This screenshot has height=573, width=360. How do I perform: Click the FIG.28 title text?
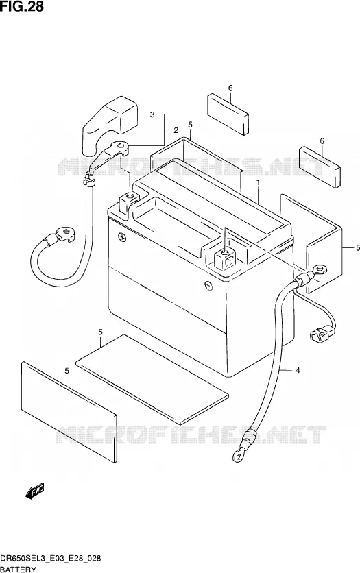[x=22, y=6]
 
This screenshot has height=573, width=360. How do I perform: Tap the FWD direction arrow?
[x=35, y=491]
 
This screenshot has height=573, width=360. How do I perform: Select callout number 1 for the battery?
[x=258, y=182]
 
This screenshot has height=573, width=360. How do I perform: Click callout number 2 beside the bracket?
[x=176, y=130]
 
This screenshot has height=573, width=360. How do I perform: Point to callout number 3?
[x=152, y=114]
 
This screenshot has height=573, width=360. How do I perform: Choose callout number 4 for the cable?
[x=298, y=371]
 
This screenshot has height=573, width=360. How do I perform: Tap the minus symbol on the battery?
[x=207, y=284]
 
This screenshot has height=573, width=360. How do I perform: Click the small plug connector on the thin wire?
[x=322, y=333]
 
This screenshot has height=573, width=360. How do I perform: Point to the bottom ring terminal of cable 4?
[x=237, y=454]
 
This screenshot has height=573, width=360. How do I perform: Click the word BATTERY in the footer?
[x=18, y=569]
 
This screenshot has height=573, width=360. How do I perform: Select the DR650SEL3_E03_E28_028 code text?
[x=51, y=559]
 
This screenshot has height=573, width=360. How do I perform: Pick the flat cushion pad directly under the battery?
[x=152, y=379]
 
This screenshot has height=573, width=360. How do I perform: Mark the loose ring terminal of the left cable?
[x=65, y=234]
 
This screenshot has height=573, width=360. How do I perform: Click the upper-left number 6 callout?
[x=230, y=88]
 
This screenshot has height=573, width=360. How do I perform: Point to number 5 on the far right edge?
[x=358, y=248]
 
